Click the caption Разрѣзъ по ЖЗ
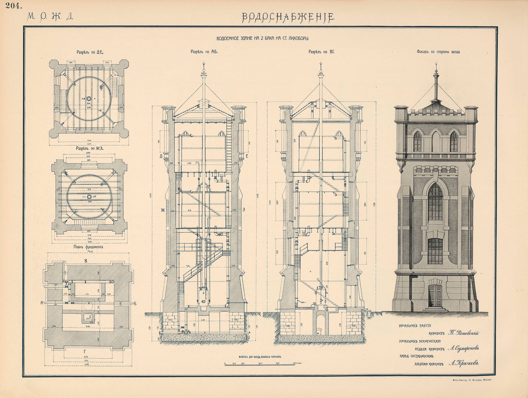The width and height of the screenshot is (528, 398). point(90,148)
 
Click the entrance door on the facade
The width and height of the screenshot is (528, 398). point(435,295)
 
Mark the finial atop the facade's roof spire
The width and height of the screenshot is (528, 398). point(436,73)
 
